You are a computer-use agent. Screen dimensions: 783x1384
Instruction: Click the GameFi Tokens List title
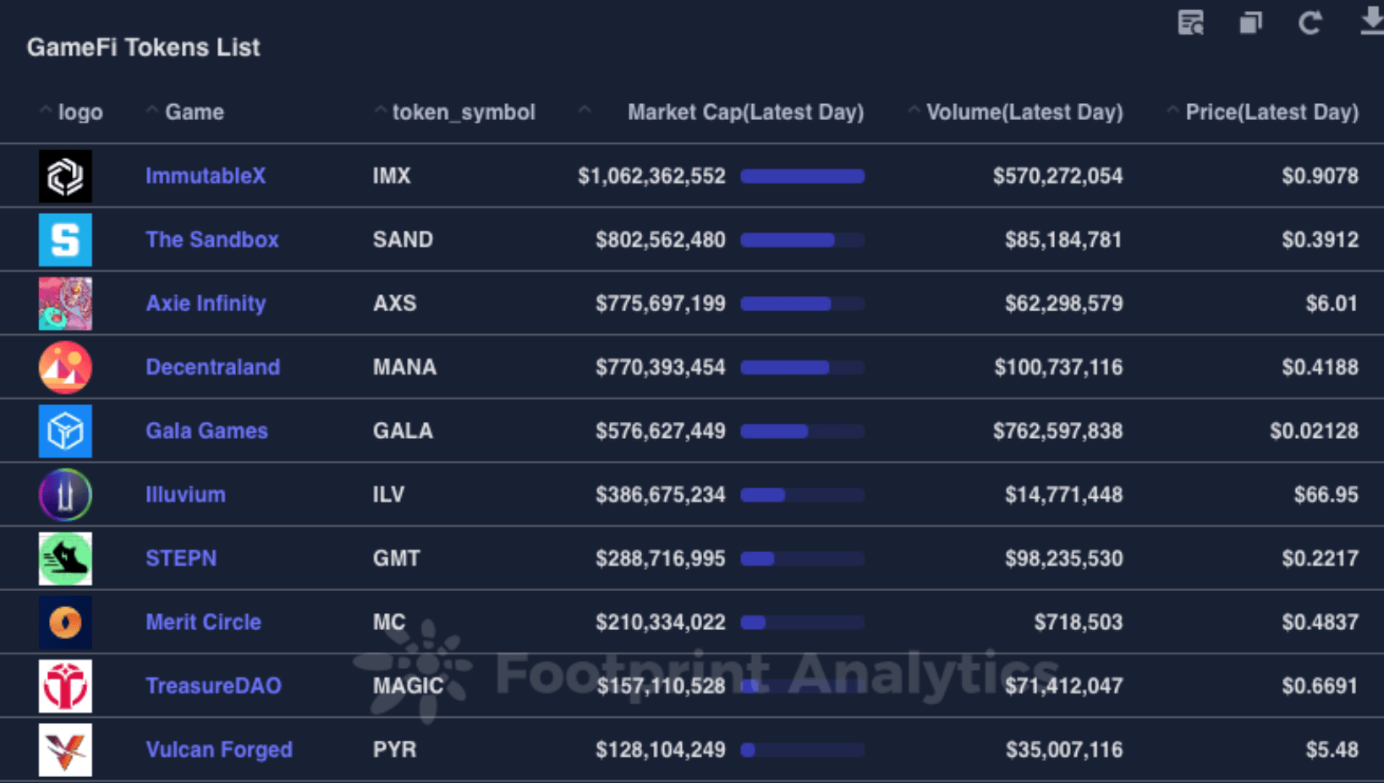point(143,47)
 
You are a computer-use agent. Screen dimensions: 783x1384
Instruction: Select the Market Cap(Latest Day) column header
point(744,112)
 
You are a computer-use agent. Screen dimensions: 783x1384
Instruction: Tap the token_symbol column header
point(463,112)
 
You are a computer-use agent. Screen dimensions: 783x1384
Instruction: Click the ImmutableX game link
point(206,176)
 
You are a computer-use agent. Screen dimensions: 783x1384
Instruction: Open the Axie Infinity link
point(206,304)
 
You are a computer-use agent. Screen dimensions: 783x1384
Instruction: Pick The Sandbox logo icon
point(65,240)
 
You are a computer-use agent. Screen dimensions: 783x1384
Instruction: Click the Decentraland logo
point(65,367)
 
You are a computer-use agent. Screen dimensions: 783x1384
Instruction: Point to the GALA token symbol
point(403,431)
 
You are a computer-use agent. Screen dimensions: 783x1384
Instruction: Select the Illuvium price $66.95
point(1326,495)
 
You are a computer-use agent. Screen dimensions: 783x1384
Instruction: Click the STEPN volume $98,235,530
point(1063,559)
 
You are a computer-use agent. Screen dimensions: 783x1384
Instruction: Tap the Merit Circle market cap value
point(660,622)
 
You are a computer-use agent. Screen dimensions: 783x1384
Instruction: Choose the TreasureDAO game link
point(213,686)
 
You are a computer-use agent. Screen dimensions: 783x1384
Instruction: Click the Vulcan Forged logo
point(65,749)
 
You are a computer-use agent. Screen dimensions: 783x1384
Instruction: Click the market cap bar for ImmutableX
point(802,176)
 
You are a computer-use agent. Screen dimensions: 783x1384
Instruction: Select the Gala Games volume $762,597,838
point(1057,431)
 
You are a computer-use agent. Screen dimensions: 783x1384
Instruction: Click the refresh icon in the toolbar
point(1310,23)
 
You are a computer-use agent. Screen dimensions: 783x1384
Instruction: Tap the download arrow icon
point(1371,21)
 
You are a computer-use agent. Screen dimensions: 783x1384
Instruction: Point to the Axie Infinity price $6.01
point(1331,304)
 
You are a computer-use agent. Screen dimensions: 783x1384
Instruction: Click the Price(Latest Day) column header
point(1271,112)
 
